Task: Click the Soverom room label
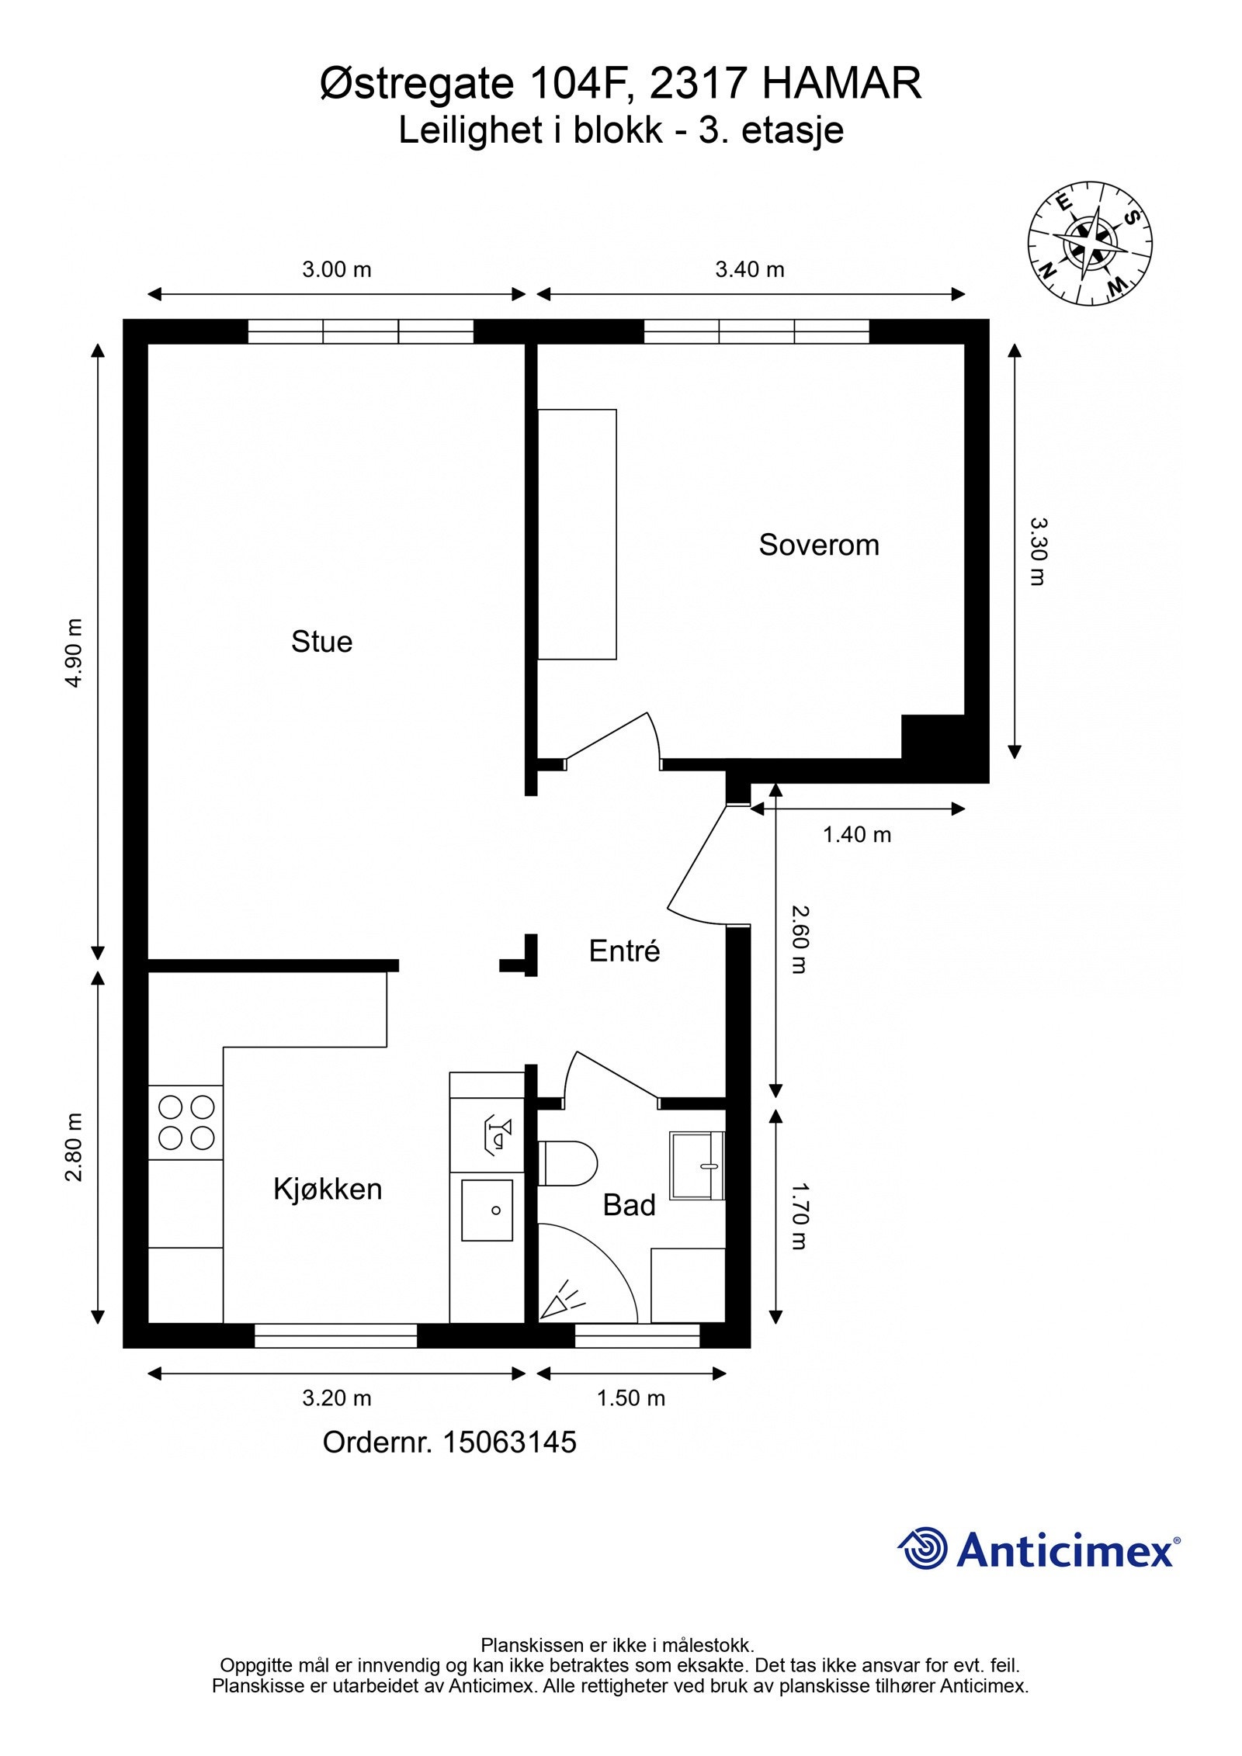pos(819,546)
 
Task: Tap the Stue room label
pos(321,642)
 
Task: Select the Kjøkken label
pos(328,1190)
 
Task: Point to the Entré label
pos(624,951)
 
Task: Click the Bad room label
pos(629,1205)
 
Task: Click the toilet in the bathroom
pos(567,1163)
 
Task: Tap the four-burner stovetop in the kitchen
pos(186,1122)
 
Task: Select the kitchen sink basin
pos(487,1210)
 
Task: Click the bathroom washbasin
pos(697,1165)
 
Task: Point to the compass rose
pos(1090,243)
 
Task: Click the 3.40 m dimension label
pos(750,269)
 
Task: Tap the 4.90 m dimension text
pos(74,653)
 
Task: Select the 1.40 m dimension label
pos(857,834)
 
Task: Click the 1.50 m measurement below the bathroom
pos(631,1398)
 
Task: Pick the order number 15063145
pos(509,1442)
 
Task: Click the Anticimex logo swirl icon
pos(923,1547)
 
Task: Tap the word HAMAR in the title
pos(842,83)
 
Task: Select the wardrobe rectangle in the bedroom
pos(577,535)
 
